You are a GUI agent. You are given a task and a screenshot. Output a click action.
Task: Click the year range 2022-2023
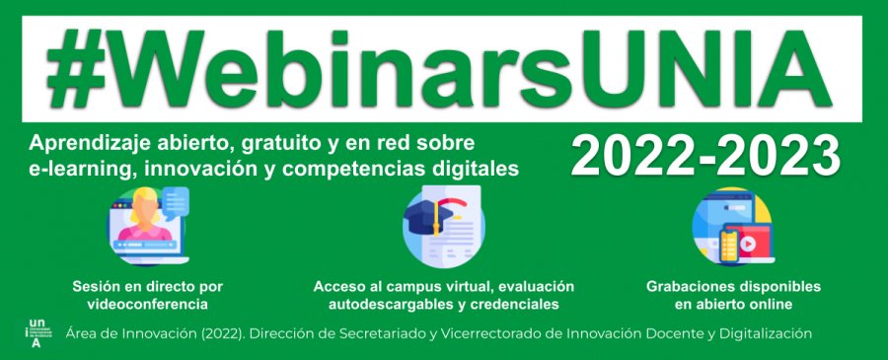pos(705,156)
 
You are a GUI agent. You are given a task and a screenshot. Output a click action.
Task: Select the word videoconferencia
pos(147,304)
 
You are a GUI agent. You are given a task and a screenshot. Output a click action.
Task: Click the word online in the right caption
pos(770,304)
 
